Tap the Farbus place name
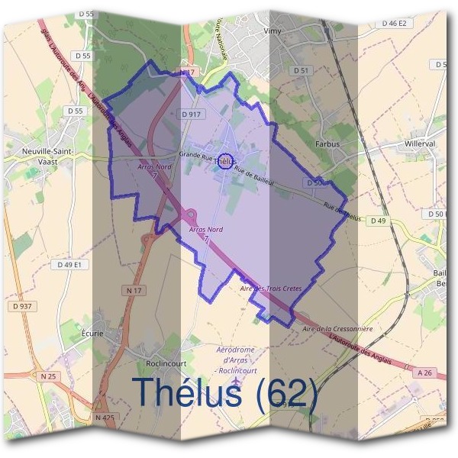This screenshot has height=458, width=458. [326, 144]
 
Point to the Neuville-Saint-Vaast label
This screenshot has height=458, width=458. [47, 156]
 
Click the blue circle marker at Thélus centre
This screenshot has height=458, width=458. [225, 160]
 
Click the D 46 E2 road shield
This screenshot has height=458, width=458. [395, 24]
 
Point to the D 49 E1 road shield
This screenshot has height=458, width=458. [73, 264]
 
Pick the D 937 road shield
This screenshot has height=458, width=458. [23, 306]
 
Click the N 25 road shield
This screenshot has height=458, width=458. [47, 376]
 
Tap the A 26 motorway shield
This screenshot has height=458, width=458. [425, 373]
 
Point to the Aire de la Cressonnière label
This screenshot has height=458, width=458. [337, 328]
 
